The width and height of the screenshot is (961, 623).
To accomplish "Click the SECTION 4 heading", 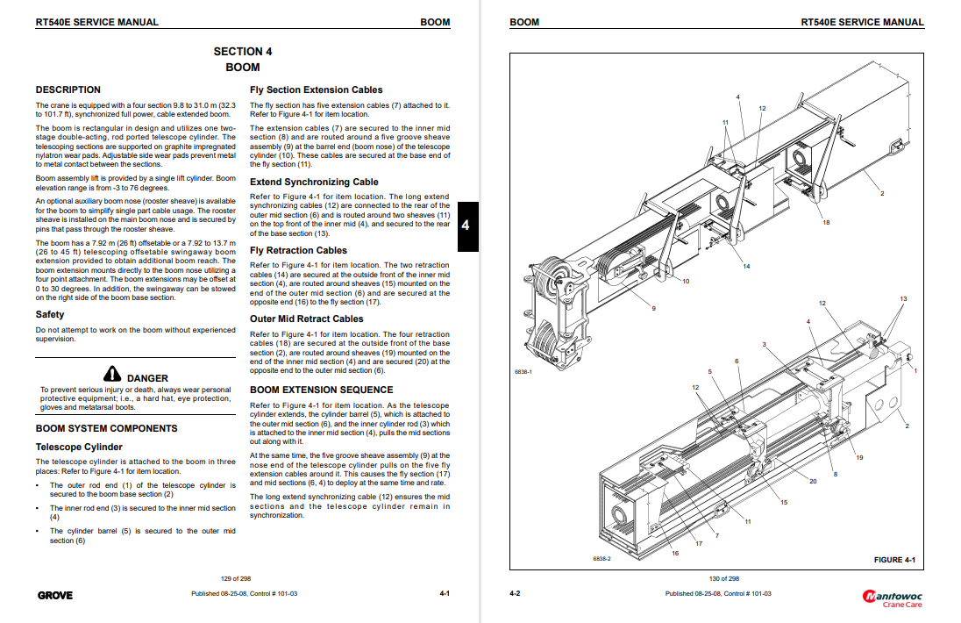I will click(x=243, y=52).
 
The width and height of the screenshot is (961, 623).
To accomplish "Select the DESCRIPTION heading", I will click(x=68, y=90).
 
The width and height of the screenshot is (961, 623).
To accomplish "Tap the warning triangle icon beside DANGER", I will click(x=111, y=373).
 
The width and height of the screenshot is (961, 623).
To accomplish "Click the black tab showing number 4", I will click(x=466, y=226).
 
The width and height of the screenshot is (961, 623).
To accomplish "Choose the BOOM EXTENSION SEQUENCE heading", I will click(x=322, y=390).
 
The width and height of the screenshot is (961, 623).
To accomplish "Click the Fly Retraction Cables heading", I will click(x=298, y=250).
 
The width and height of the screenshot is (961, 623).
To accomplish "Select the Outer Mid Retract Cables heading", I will click(x=306, y=319).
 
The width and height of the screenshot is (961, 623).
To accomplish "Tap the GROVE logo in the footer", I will click(x=55, y=595).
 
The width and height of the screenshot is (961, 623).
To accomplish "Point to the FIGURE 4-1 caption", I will click(x=894, y=560).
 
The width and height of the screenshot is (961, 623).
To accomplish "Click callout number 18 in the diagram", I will click(x=826, y=223).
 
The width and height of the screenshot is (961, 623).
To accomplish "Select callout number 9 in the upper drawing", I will click(x=653, y=309).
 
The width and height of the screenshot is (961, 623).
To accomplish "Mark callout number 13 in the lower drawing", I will click(x=903, y=300).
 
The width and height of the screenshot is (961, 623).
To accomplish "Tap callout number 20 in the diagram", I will click(x=813, y=481).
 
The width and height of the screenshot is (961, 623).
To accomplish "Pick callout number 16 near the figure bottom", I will click(x=675, y=554).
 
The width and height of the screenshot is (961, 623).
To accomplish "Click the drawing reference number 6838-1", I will click(x=523, y=372).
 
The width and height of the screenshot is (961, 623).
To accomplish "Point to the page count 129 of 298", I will click(x=236, y=578).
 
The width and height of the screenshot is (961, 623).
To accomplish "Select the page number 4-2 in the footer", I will click(x=515, y=594).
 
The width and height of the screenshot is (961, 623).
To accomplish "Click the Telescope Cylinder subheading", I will click(x=79, y=447).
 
